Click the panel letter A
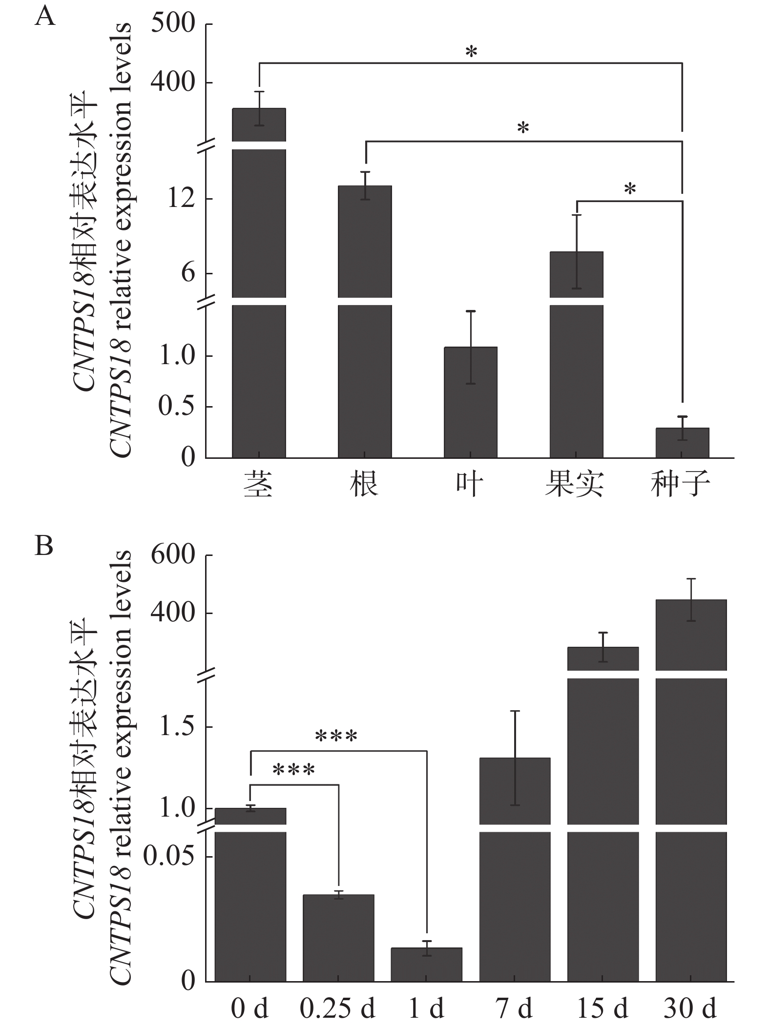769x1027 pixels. tap(44, 18)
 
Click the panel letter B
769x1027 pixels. tap(44, 547)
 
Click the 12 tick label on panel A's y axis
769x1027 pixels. tap(181, 199)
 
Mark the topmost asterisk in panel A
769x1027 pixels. tap(471, 52)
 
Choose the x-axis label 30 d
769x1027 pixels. tap(690, 1008)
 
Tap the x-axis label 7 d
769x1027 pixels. tap(514, 1008)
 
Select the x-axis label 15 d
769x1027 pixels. tap(603, 1008)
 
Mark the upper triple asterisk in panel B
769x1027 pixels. tap(336, 735)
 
